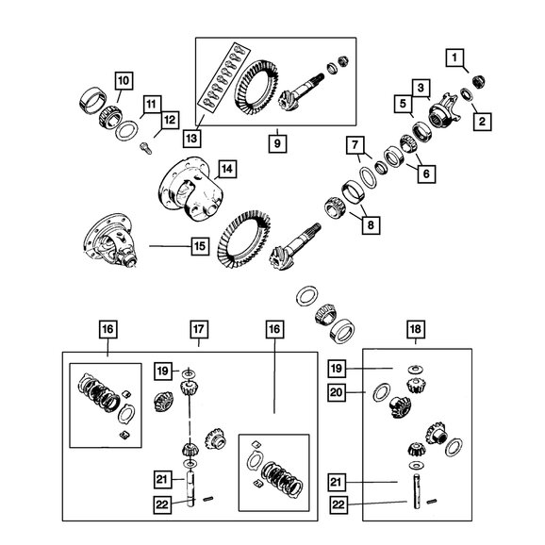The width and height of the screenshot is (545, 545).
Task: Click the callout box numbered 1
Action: pos(455,58)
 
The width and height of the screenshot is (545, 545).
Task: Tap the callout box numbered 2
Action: pos(482,122)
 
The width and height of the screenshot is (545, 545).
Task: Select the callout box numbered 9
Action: pos(277,143)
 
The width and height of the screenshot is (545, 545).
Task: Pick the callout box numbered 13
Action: pos(191,139)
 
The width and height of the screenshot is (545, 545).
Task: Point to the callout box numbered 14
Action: pos(227,169)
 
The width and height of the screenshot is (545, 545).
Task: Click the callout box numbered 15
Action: pos(200,246)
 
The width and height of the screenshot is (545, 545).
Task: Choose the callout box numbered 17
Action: pos(199,329)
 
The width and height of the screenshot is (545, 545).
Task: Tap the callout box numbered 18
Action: pos(416,329)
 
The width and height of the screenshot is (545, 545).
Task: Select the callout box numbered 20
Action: pos(337,392)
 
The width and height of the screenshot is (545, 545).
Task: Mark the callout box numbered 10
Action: pos(124,81)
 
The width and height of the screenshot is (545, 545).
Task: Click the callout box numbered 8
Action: pos(371,224)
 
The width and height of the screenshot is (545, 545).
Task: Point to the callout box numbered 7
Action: pos(355,145)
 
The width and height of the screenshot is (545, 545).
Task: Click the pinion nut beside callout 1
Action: pos(479,82)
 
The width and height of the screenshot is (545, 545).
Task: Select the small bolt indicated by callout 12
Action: pos(146,148)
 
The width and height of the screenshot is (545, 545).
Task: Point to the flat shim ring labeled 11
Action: pos(126,130)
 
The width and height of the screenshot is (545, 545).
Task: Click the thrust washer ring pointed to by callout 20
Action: pos(381,392)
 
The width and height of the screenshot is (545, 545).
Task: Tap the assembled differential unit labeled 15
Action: pos(110,240)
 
